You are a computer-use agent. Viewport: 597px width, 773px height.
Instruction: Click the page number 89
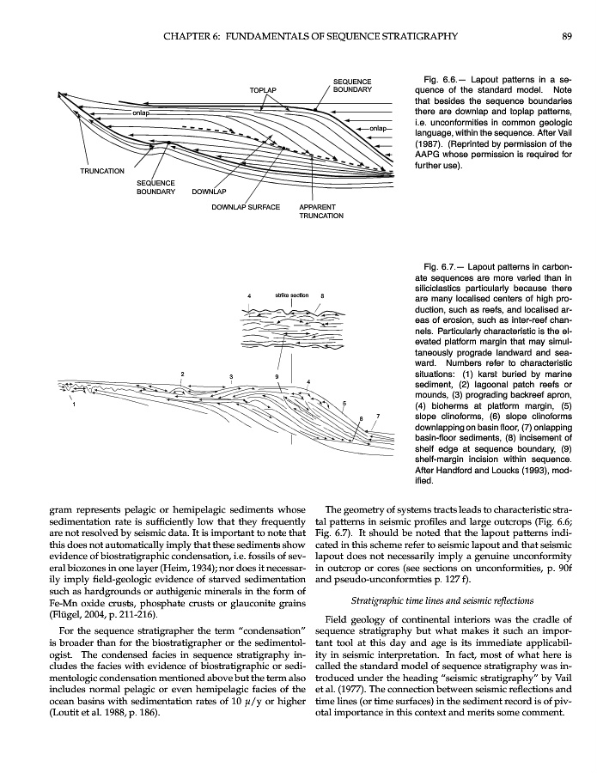click(567, 36)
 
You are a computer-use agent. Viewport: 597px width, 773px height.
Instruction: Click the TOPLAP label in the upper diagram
click(262, 89)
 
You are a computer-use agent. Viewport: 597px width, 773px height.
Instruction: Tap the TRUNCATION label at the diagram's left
click(102, 171)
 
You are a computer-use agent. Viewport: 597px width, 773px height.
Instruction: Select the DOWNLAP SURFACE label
click(246, 207)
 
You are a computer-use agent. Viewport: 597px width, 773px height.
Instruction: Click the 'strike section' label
click(292, 295)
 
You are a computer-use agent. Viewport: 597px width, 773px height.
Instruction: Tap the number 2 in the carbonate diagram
click(183, 374)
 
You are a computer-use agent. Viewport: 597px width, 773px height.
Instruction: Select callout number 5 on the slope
click(344, 403)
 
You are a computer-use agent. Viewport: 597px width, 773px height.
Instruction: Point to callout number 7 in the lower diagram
click(378, 417)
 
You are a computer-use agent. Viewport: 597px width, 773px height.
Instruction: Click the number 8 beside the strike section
click(322, 296)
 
